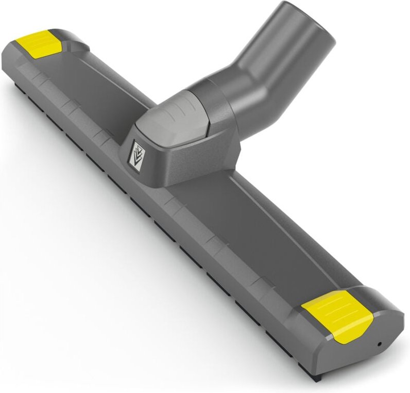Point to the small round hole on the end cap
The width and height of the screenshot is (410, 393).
(380, 343)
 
